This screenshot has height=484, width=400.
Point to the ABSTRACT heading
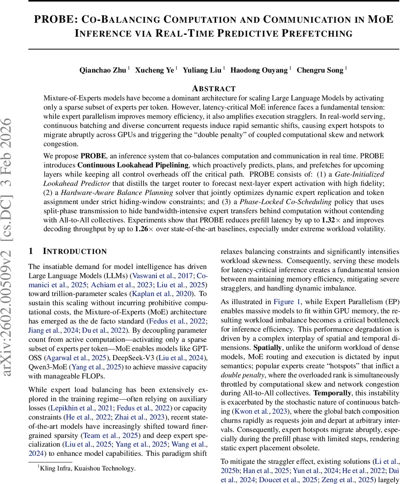pyautogui.click(x=214, y=89)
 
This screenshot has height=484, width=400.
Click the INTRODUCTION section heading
pyautogui.click(x=75, y=252)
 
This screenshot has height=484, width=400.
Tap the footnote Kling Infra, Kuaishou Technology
pyautogui.click(x=87, y=468)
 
